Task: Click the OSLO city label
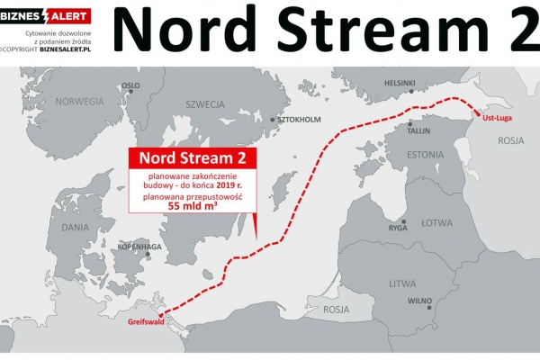[130, 85]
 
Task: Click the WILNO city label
[421, 301]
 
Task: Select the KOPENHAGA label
[139, 246]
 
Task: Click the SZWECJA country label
[204, 104]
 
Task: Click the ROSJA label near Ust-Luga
[510, 140]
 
